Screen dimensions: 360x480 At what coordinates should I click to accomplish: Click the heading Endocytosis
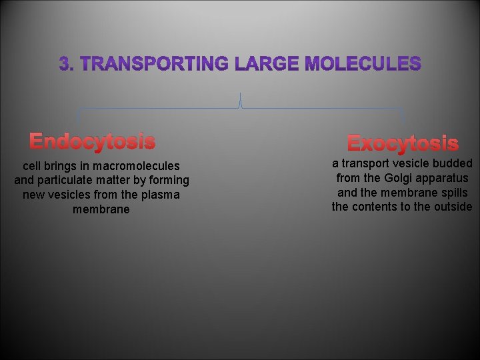coord(92,141)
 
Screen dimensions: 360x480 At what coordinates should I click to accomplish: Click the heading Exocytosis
coord(403,143)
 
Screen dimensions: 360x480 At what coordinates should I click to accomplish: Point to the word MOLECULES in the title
coord(363,64)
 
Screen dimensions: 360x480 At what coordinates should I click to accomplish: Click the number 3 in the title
coord(64,64)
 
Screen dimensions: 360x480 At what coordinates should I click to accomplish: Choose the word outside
coord(452,207)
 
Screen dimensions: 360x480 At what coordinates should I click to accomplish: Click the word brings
coord(58,165)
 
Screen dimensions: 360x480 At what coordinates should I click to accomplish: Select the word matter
coord(135,180)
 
